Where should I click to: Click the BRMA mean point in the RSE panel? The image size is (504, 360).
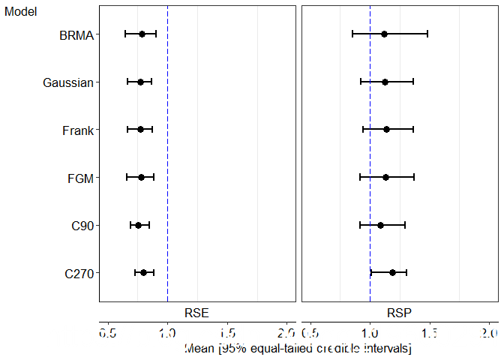(142, 34)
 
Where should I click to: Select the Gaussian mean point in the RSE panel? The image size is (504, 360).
(140, 82)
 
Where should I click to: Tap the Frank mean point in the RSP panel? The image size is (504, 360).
(386, 130)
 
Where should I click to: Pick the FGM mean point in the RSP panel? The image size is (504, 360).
(385, 177)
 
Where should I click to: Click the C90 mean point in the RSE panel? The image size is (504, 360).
(138, 225)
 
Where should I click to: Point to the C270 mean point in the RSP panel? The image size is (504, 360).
(392, 272)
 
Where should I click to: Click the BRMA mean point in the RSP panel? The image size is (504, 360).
(384, 34)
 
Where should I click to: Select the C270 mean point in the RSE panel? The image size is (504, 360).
(144, 272)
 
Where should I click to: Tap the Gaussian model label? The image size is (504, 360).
(68, 82)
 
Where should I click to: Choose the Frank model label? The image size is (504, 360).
(78, 130)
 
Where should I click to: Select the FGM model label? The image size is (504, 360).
(80, 178)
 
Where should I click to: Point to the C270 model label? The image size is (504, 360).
(79, 274)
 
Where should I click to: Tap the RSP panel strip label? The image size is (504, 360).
(399, 313)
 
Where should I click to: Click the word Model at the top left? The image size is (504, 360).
(21, 12)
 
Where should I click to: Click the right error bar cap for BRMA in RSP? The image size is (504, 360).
(427, 34)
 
